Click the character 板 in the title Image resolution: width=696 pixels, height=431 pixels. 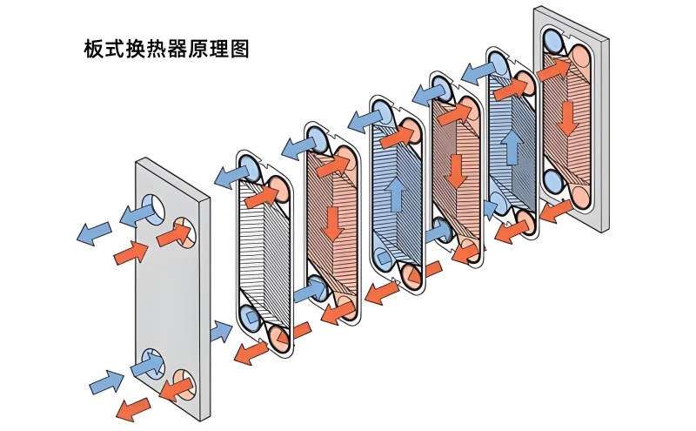coord(92,50)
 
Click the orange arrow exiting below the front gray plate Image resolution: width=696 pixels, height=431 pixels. coord(132,407)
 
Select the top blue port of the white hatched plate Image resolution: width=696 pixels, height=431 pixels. coord(248,167)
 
